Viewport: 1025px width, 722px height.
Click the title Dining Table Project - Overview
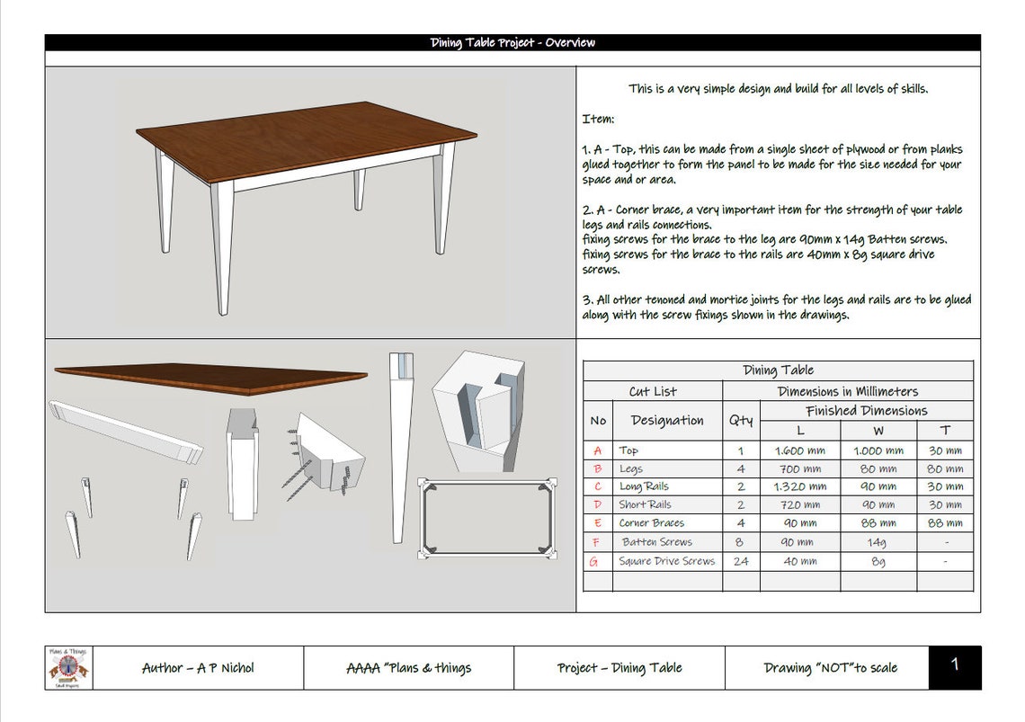pos(512,42)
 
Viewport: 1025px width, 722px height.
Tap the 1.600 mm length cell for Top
pos(799,450)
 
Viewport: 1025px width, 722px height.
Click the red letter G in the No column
pos(593,561)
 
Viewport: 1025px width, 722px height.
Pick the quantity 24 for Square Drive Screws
pos(741,561)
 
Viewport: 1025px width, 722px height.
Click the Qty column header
pos(741,420)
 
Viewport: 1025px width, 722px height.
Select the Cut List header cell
pos(652,391)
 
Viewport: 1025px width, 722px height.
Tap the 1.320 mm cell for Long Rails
pos(799,486)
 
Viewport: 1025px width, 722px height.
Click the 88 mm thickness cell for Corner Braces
pos(944,522)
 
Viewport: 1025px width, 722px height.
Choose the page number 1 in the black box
pos(954,665)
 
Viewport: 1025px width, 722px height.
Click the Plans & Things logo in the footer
pos(68,668)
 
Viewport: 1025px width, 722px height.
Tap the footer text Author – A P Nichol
pos(198,668)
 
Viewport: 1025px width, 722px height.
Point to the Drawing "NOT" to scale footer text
pos(830,668)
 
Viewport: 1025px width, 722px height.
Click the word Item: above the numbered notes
pos(598,119)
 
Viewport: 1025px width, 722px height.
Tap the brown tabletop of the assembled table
pos(306,139)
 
